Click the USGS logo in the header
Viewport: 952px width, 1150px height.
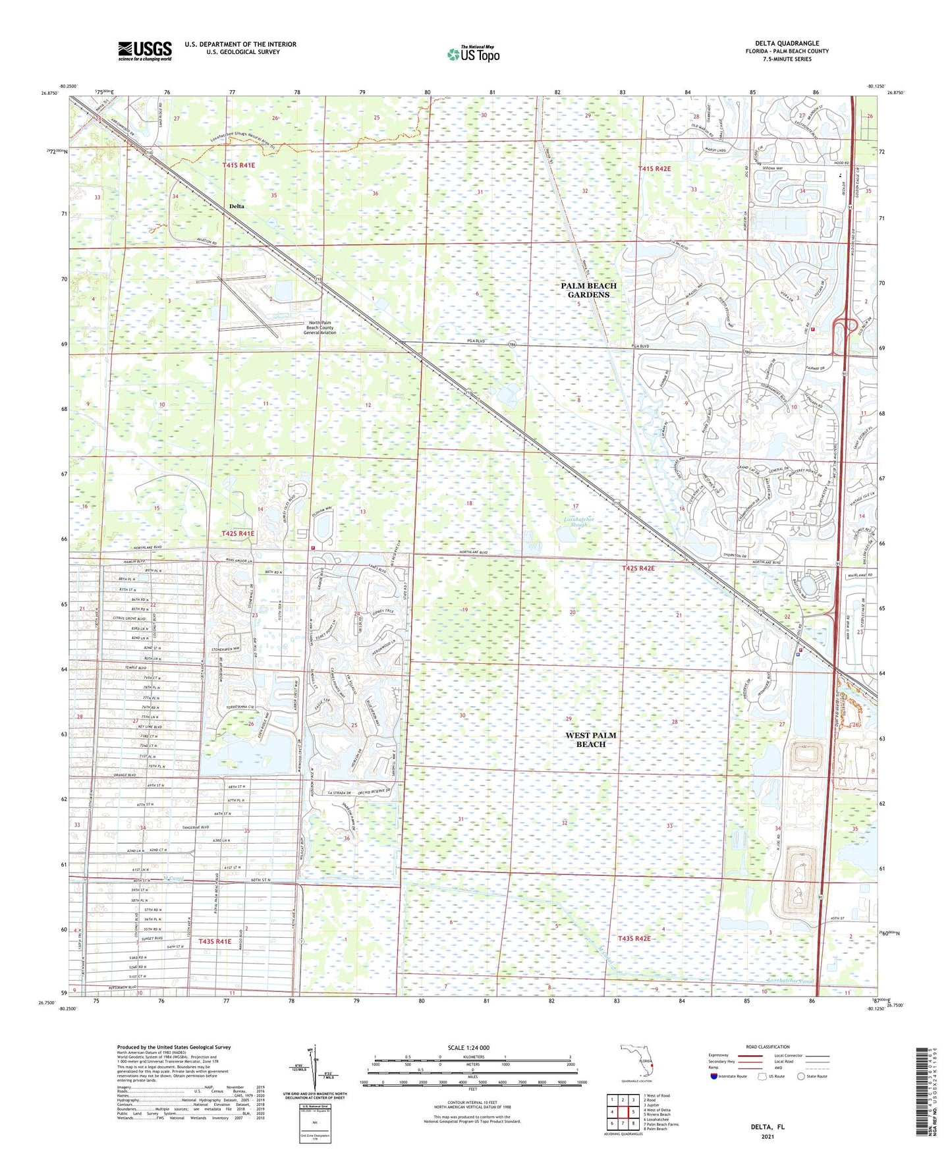[x=145, y=51]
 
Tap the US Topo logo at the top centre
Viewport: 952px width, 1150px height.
[x=472, y=55]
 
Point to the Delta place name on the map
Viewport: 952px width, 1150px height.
[x=237, y=206]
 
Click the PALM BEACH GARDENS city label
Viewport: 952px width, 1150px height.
[x=589, y=290]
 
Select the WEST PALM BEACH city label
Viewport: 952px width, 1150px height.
[x=590, y=740]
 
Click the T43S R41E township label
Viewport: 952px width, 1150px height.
[x=215, y=942]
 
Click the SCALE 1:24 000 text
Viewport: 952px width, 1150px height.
[x=468, y=1047]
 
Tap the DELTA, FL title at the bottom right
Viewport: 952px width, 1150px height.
[x=768, y=1127]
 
